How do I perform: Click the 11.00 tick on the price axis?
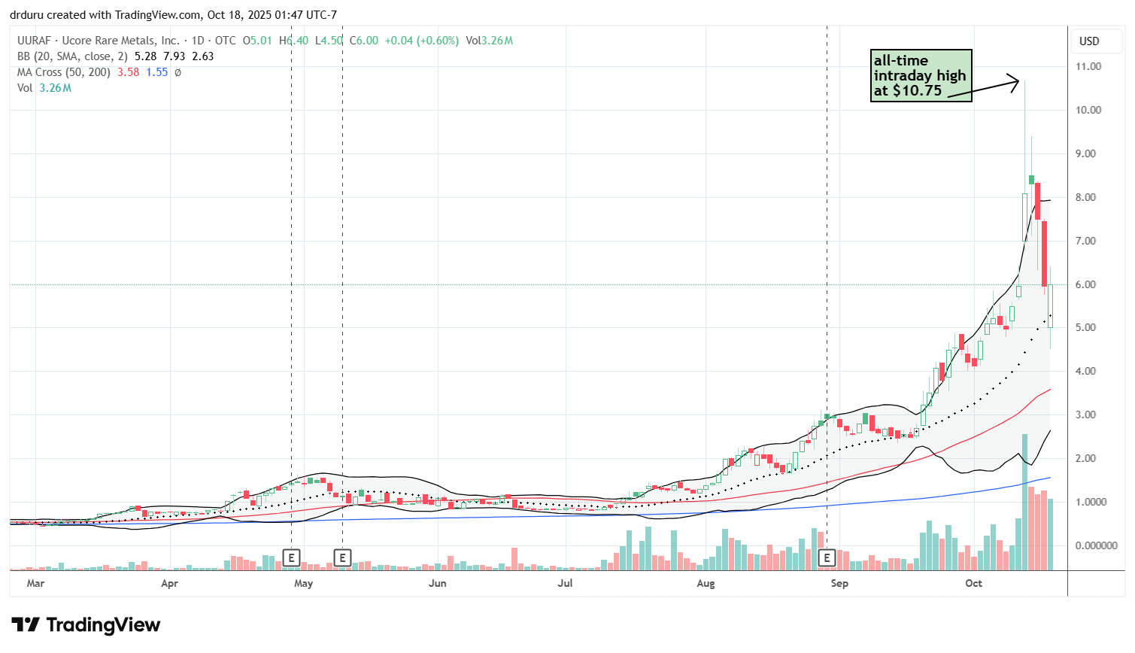click(x=1088, y=66)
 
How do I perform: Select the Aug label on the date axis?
click(x=706, y=583)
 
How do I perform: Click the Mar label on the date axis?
click(x=35, y=583)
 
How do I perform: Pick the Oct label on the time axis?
click(x=973, y=583)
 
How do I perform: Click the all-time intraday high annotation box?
click(x=921, y=75)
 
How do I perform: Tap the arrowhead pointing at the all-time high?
click(x=1015, y=80)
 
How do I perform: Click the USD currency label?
click(x=1089, y=41)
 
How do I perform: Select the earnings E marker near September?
click(x=827, y=557)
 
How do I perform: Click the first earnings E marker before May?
click(x=291, y=557)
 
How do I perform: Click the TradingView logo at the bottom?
click(x=86, y=625)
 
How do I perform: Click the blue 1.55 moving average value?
click(x=156, y=72)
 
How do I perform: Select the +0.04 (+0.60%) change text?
click(x=421, y=41)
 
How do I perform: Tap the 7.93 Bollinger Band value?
click(x=174, y=56)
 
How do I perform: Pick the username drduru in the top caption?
click(x=27, y=15)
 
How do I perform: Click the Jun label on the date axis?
click(x=437, y=583)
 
